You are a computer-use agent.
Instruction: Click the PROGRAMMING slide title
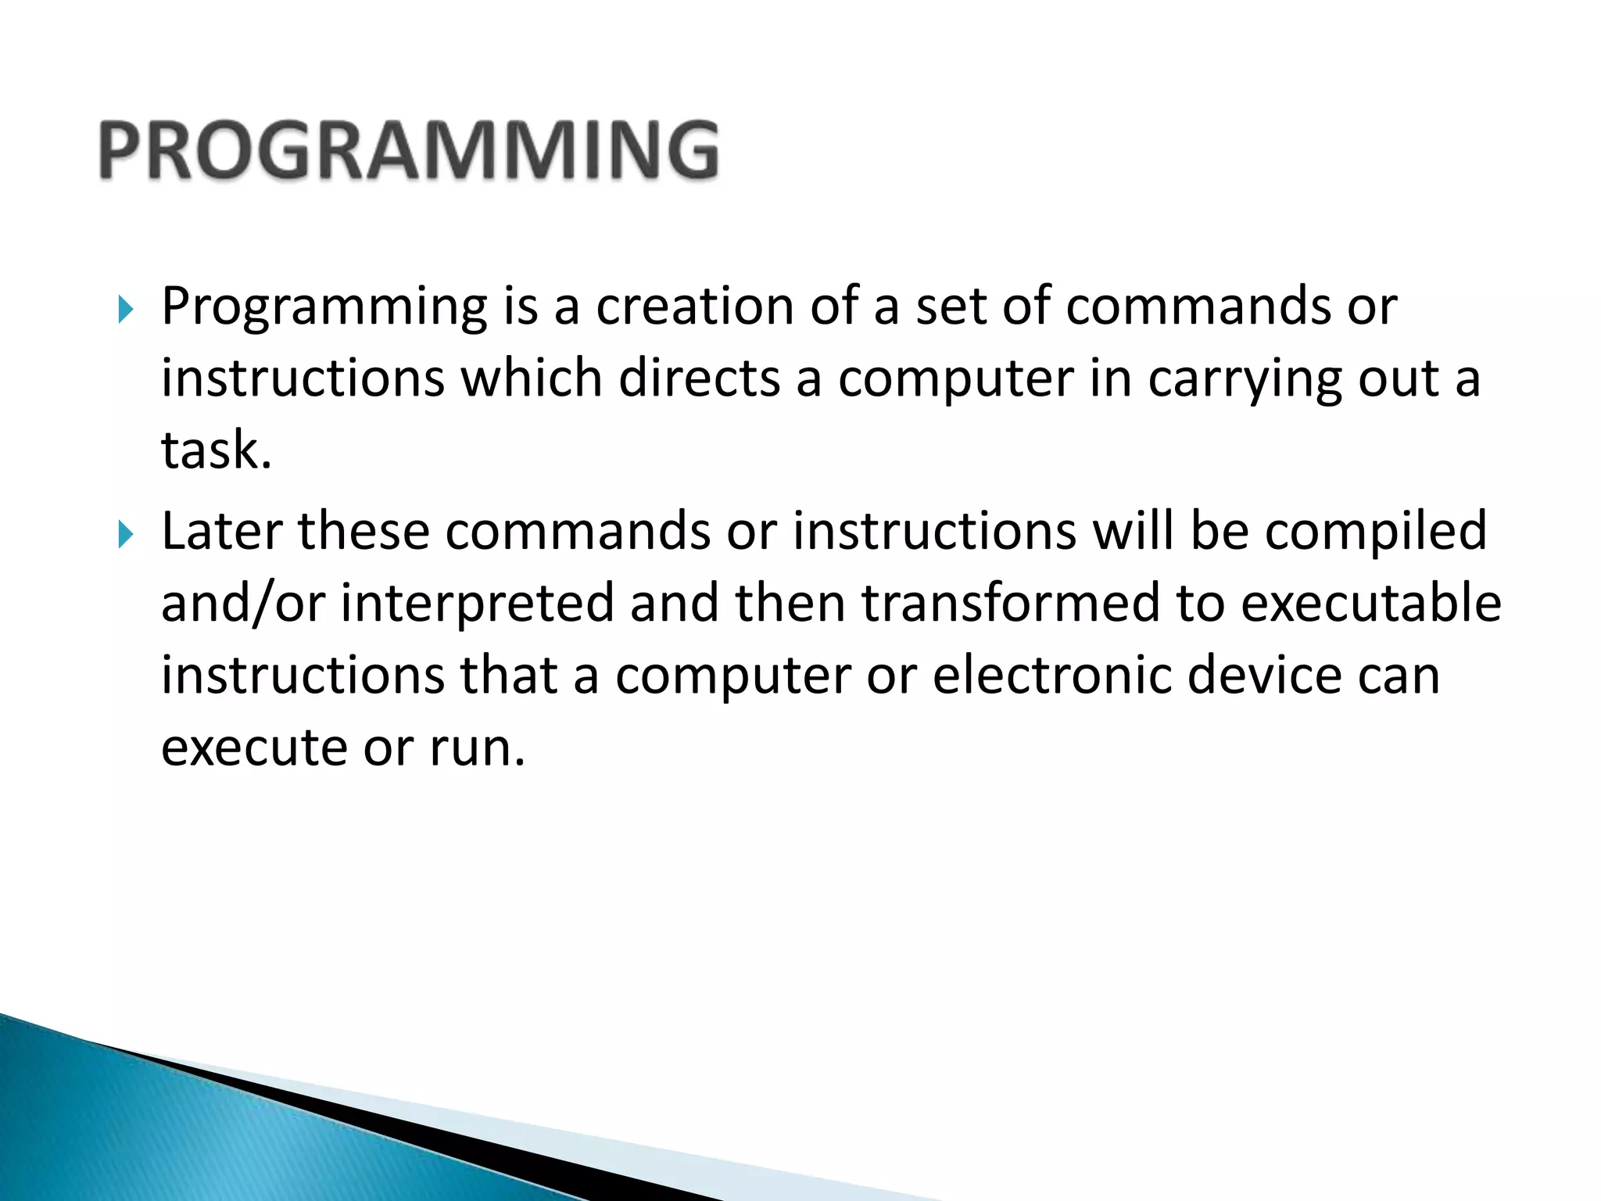point(408,150)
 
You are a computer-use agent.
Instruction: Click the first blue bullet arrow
point(125,310)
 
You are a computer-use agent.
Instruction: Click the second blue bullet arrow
point(125,535)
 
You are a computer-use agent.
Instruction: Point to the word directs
point(699,378)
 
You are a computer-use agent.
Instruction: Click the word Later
point(220,532)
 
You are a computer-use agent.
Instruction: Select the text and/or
point(242,604)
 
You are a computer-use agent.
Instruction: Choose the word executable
point(1371,604)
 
